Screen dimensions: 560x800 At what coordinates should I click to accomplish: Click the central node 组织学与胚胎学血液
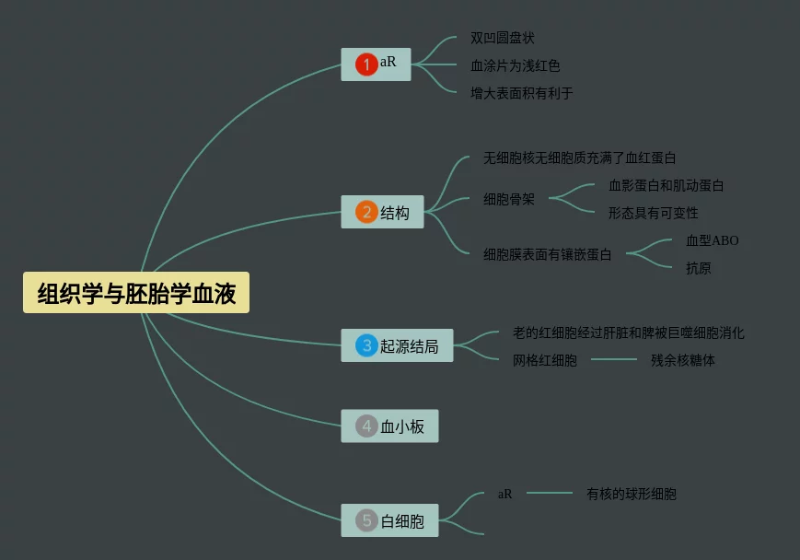pyautogui.click(x=136, y=294)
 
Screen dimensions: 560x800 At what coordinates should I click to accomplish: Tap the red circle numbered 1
pyautogui.click(x=366, y=64)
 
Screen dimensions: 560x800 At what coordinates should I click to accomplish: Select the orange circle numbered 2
pyautogui.click(x=366, y=213)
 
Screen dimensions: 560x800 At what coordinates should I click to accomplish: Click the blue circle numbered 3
pyautogui.click(x=366, y=346)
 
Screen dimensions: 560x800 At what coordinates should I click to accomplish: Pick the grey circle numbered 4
pyautogui.click(x=366, y=426)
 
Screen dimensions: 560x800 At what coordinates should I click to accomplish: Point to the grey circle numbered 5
pyautogui.click(x=366, y=521)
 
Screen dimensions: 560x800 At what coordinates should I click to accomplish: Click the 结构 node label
pyautogui.click(x=395, y=213)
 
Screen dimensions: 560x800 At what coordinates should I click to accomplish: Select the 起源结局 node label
pyautogui.click(x=410, y=346)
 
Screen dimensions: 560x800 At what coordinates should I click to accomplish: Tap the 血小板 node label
pyautogui.click(x=402, y=426)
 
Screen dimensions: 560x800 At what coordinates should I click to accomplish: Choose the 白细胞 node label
pyautogui.click(x=402, y=521)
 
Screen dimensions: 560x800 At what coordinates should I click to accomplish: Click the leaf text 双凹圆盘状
pyautogui.click(x=502, y=38)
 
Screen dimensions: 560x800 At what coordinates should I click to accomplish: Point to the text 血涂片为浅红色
pyautogui.click(x=515, y=65)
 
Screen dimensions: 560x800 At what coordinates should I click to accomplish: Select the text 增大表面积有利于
pyautogui.click(x=521, y=93)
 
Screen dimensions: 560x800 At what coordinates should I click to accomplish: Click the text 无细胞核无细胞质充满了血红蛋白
pyautogui.click(x=579, y=158)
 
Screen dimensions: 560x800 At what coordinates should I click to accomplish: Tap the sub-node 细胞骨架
pyautogui.click(x=508, y=199)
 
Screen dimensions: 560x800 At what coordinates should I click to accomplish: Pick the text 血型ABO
pyautogui.click(x=712, y=240)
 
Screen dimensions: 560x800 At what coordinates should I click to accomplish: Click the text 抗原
pyautogui.click(x=698, y=268)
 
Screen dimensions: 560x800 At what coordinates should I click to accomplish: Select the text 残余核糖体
pyautogui.click(x=682, y=360)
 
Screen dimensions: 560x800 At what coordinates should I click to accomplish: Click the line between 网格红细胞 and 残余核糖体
pyautogui.click(x=613, y=360)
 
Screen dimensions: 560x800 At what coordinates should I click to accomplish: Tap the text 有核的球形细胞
pyautogui.click(x=631, y=494)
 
